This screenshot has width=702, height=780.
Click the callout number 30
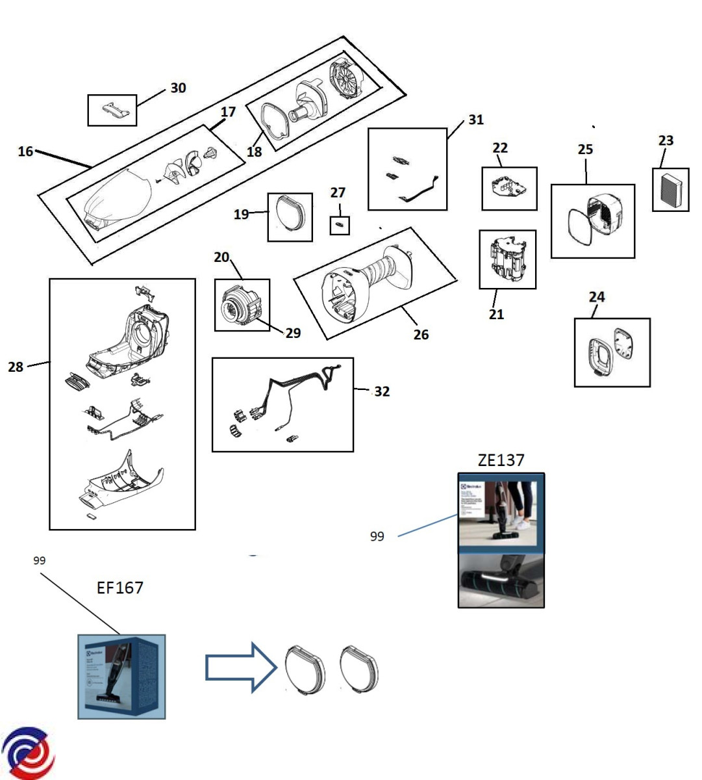(178, 88)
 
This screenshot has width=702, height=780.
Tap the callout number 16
(25, 151)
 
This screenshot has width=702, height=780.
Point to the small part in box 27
(339, 226)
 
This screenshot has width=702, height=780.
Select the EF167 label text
(120, 588)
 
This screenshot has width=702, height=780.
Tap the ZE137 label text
(501, 460)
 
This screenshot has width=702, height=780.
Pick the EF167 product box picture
(121, 677)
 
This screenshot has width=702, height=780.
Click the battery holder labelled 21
(508, 259)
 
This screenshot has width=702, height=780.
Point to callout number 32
(382, 391)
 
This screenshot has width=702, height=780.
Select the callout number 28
(16, 367)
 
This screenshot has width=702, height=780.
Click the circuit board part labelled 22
(510, 188)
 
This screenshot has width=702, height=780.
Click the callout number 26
(421, 334)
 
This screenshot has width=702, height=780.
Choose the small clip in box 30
(112, 110)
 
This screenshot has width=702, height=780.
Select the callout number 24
(596, 297)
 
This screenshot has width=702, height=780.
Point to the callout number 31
(476, 120)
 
